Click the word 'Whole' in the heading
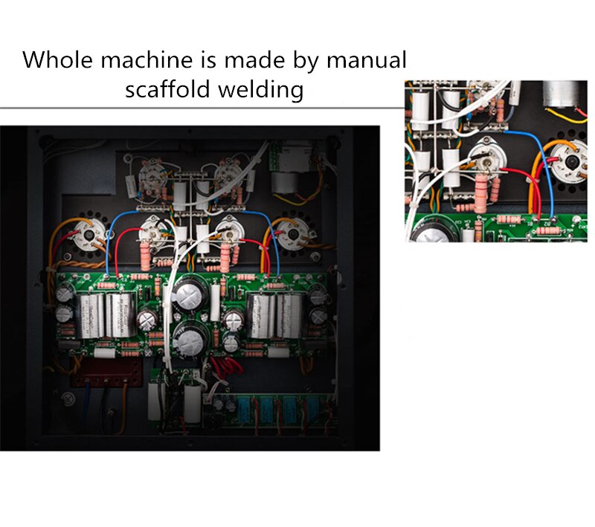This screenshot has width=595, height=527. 57,60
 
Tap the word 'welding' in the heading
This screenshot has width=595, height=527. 261,89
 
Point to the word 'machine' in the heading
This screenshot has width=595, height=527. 146,60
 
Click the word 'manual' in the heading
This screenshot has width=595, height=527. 366,60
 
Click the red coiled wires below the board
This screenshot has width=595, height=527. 228,367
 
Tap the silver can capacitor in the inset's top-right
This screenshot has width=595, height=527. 560,93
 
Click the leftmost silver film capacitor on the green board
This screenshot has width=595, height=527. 90,316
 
